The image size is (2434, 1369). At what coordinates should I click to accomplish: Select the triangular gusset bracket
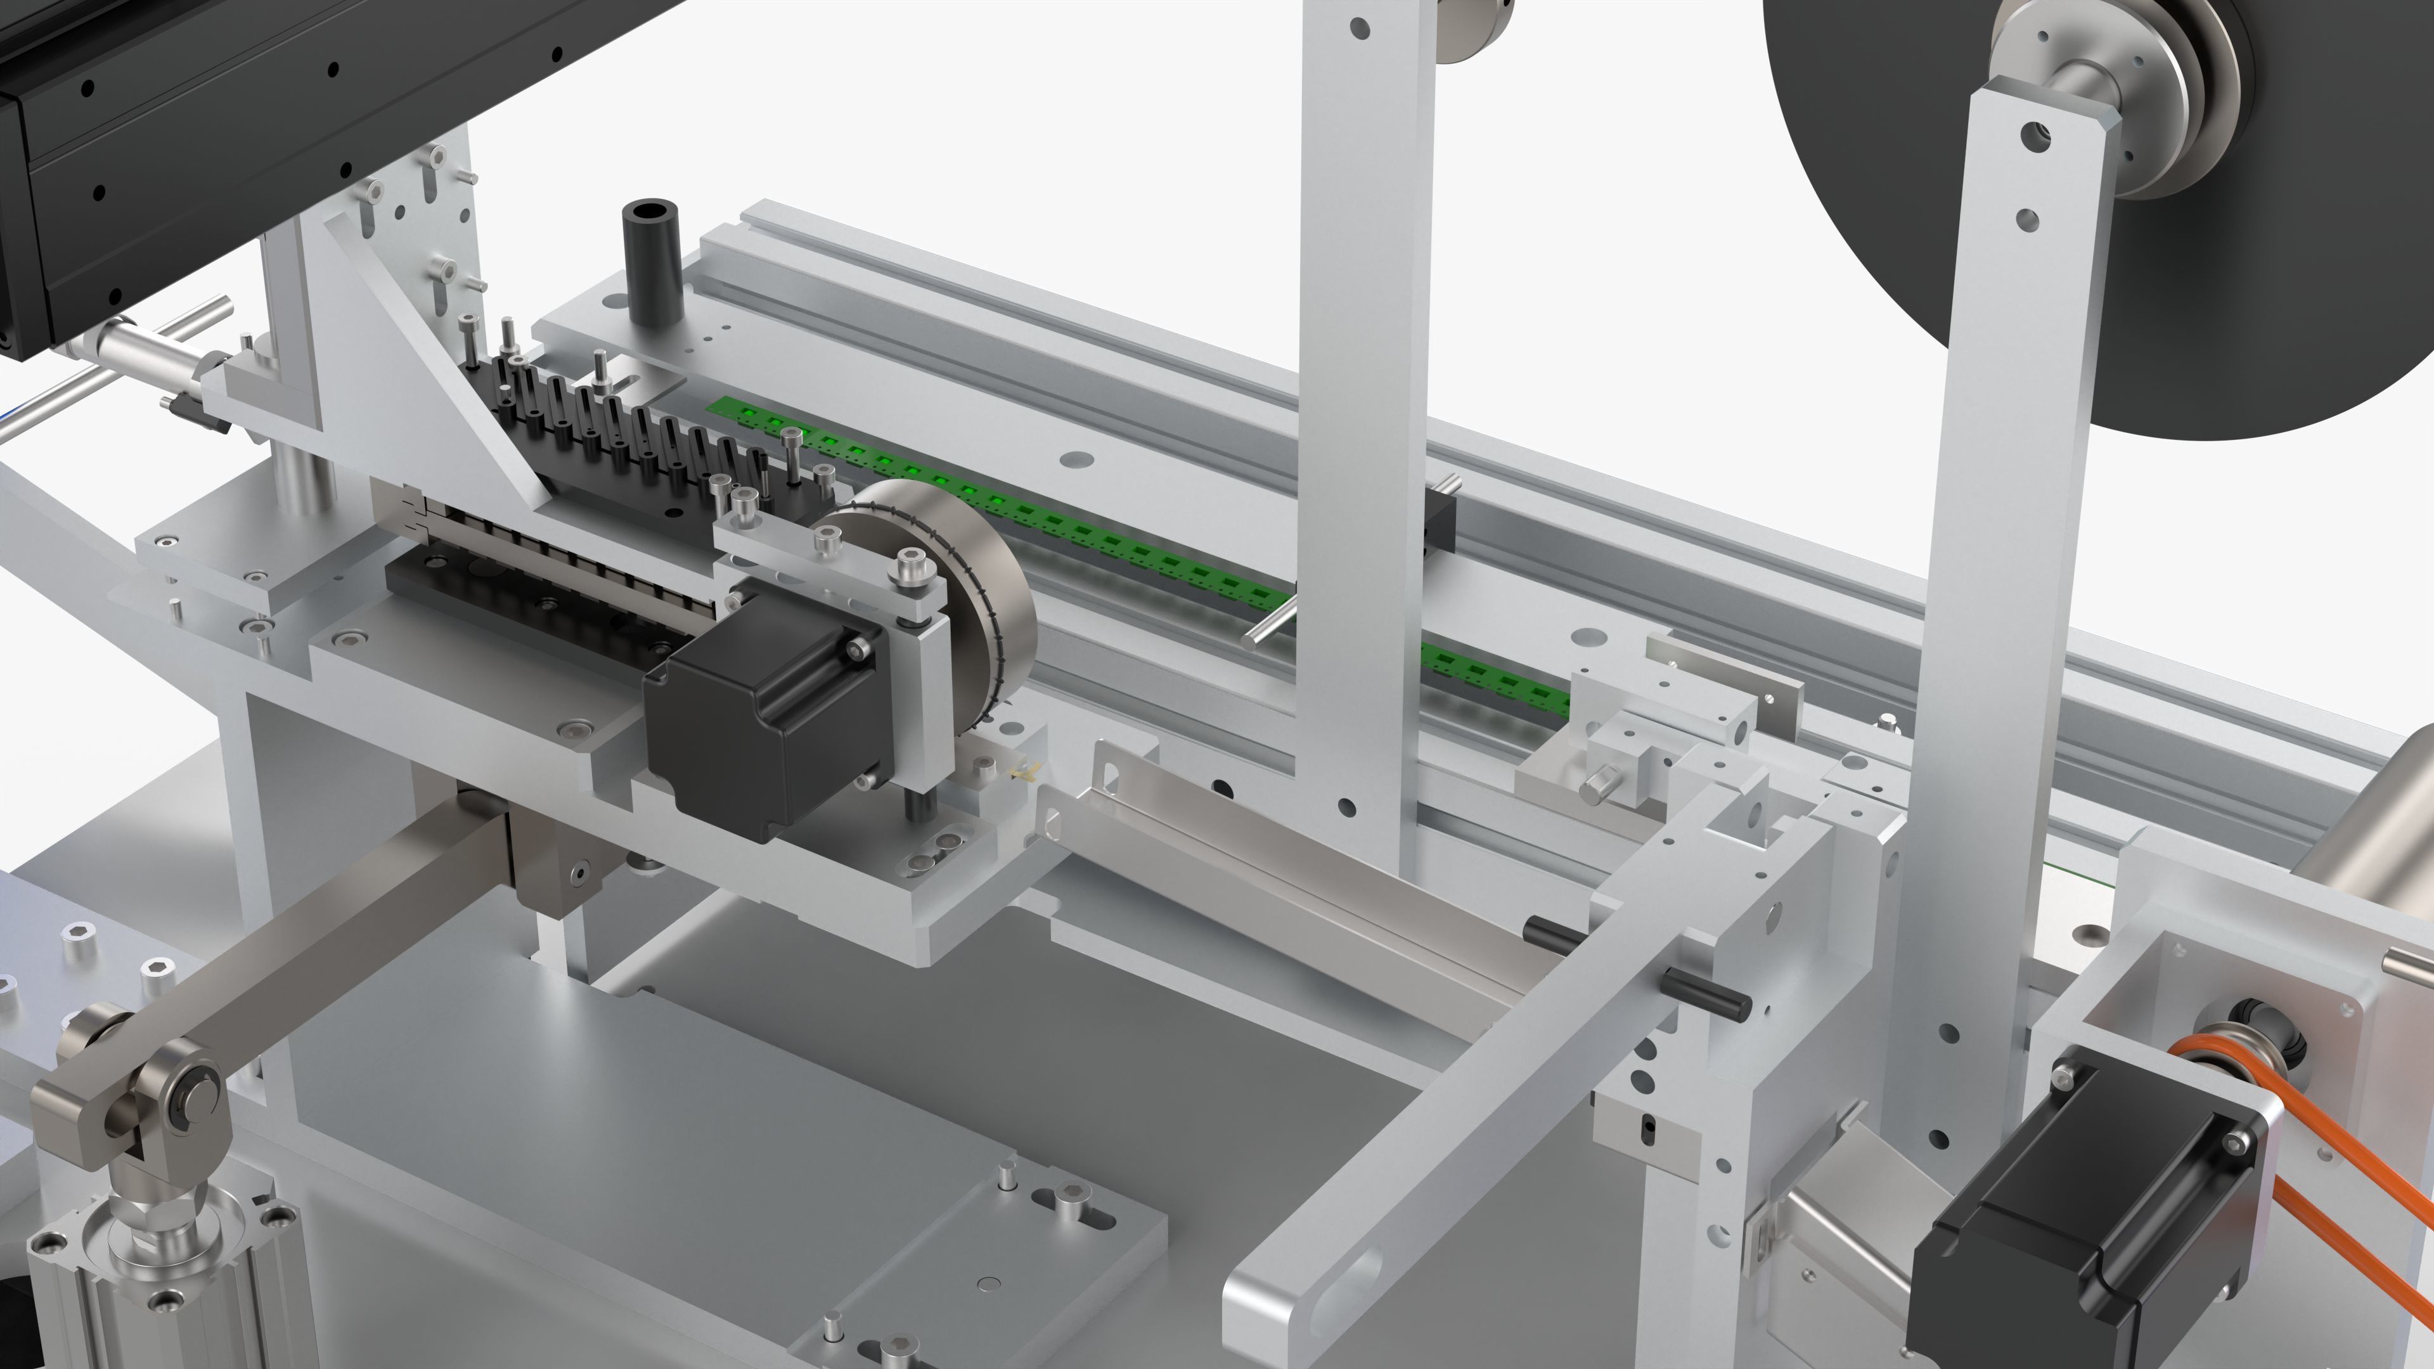click(425, 359)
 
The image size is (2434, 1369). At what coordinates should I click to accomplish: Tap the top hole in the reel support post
click(2032, 135)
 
